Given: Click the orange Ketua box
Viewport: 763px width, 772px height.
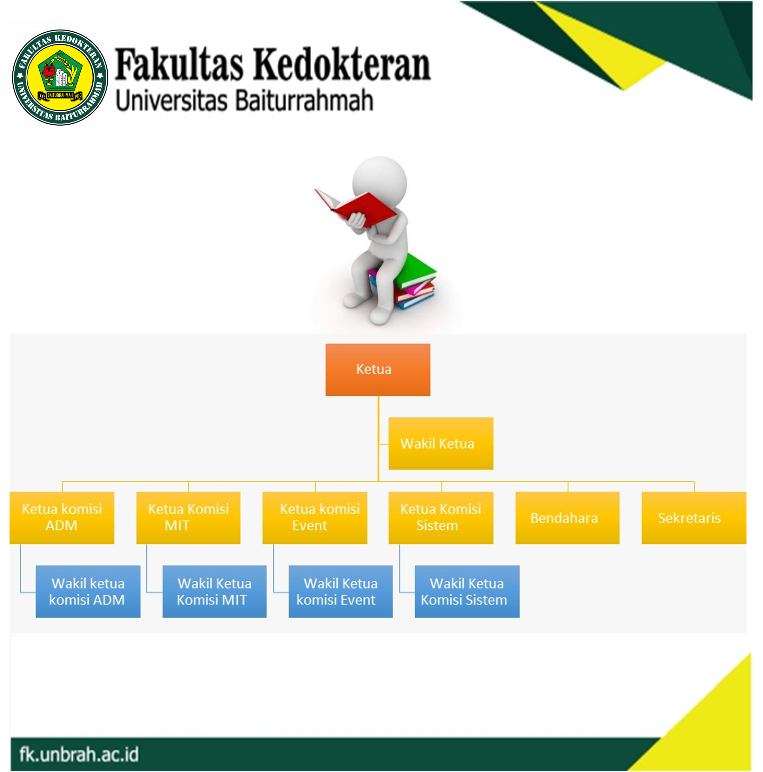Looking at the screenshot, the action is tap(378, 370).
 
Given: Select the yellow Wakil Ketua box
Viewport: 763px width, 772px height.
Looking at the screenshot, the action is tap(441, 444).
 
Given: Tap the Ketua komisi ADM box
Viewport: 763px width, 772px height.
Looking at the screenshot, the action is tap(62, 518).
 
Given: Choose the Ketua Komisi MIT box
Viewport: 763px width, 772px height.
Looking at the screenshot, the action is tap(188, 518).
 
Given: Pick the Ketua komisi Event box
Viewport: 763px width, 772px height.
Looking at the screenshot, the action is tap(315, 518).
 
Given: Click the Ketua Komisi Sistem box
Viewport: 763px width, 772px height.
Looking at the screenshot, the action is tap(441, 518).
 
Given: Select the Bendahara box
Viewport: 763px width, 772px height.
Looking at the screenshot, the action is tap(567, 518).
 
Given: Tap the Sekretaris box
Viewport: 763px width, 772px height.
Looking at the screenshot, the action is tap(694, 518).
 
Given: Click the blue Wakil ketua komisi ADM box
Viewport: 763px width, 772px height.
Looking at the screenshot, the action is tap(88, 591).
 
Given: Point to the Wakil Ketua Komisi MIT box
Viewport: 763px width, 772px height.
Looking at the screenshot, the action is tap(215, 591).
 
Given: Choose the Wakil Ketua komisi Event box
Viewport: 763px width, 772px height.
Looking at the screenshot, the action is tap(341, 591).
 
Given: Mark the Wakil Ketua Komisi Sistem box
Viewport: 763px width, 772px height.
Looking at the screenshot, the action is tap(467, 591).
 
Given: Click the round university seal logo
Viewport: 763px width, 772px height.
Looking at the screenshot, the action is tap(60, 77).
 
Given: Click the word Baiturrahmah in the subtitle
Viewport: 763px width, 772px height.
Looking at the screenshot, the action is tap(304, 100).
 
